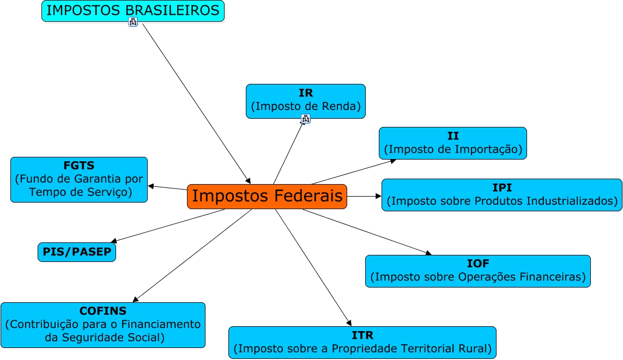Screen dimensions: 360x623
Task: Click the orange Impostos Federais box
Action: pyautogui.click(x=267, y=196)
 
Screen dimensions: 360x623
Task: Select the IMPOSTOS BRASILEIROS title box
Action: pyautogui.click(x=132, y=10)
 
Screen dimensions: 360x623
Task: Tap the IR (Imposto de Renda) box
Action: pyautogui.click(x=305, y=101)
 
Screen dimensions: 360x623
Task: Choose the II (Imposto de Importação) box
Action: pyautogui.click(x=452, y=143)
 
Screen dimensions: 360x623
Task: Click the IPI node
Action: pyautogui.click(x=501, y=194)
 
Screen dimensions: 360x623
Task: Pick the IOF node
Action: pyautogui.click(x=477, y=271)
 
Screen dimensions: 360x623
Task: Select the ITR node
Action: pyautogui.click(x=362, y=342)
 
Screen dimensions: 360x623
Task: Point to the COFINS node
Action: pyautogui.click(x=102, y=325)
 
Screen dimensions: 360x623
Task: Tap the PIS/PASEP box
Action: pyautogui.click(x=77, y=252)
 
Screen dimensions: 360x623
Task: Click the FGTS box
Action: pyautogui.click(x=78, y=179)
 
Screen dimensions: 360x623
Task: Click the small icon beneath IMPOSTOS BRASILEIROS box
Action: pyautogui.click(x=133, y=22)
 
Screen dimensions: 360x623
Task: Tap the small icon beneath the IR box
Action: pyautogui.click(x=305, y=118)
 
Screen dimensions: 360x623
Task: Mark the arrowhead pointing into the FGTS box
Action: pyautogui.click(x=151, y=186)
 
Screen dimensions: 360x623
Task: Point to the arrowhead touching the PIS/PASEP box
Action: pyautogui.click(x=113, y=241)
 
